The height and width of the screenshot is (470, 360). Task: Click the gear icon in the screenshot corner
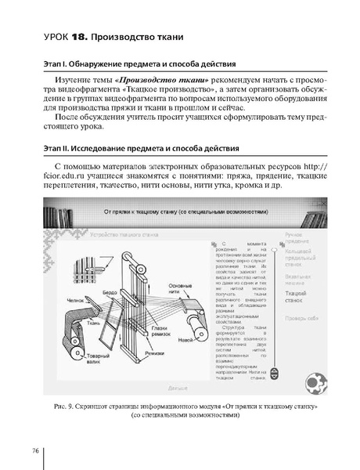click(x=313, y=381)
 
